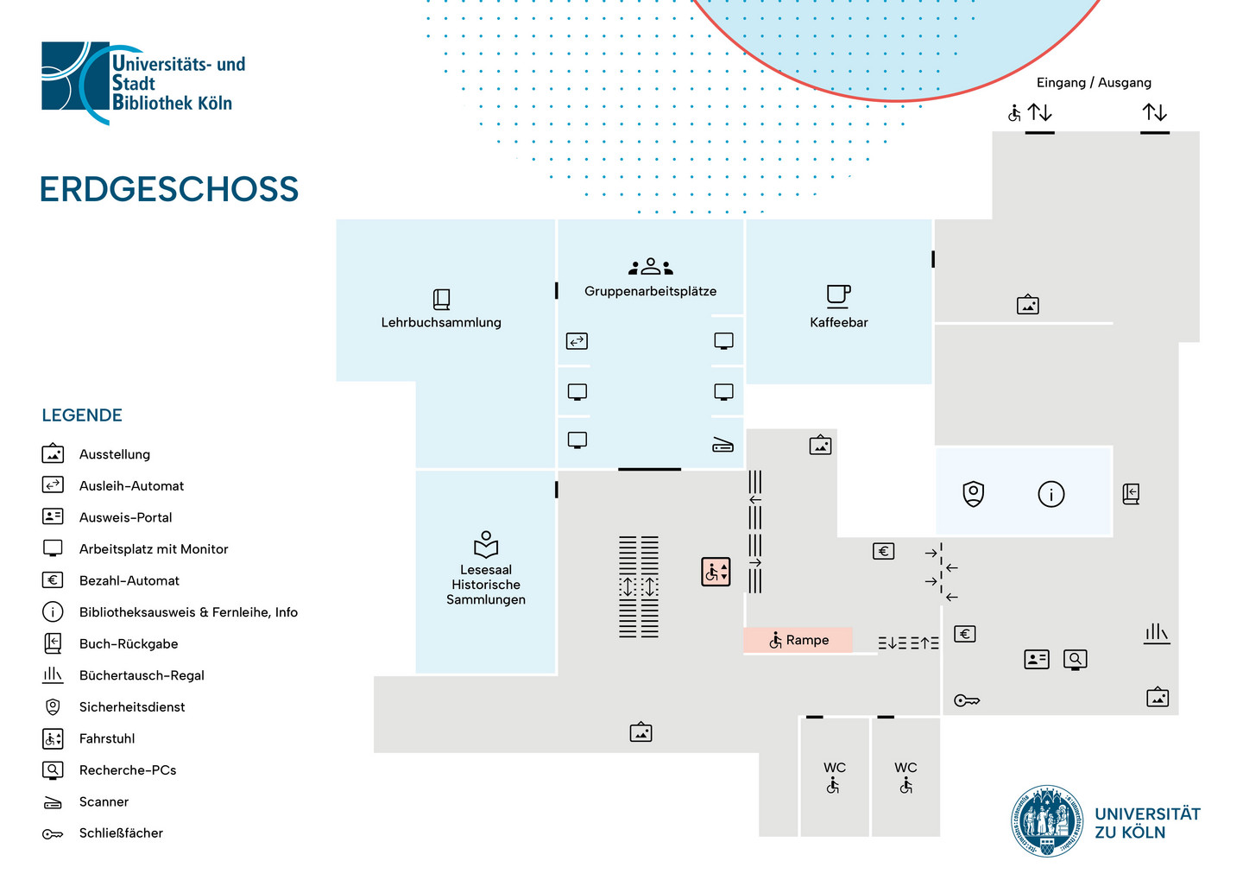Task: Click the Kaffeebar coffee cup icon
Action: pyautogui.click(x=838, y=296)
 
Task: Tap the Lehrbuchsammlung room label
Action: pyautogui.click(x=441, y=323)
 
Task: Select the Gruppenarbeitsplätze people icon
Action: pyautogui.click(x=650, y=267)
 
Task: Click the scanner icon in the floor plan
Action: pyautogui.click(x=723, y=446)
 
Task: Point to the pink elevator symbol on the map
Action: pyautogui.click(x=716, y=572)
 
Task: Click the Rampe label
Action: pyautogui.click(x=807, y=640)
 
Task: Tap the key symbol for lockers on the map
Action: pyautogui.click(x=967, y=700)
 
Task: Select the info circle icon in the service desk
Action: pyautogui.click(x=1051, y=494)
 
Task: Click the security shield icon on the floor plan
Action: pyautogui.click(x=974, y=494)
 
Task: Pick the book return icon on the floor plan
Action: pyautogui.click(x=1131, y=494)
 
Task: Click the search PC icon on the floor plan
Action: pyautogui.click(x=1075, y=660)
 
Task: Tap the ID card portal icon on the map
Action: pyautogui.click(x=1037, y=660)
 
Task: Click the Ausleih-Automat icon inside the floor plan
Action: pyautogui.click(x=577, y=341)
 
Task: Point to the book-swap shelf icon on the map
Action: pyautogui.click(x=1157, y=634)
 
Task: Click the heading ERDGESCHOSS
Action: pyautogui.click(x=169, y=189)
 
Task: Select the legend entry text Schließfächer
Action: pyautogui.click(x=121, y=833)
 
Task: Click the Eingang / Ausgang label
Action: pyautogui.click(x=1094, y=83)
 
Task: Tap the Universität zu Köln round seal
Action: pyautogui.click(x=1046, y=821)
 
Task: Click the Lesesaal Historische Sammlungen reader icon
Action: pyautogui.click(x=486, y=544)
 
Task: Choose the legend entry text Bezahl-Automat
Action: pyautogui.click(x=129, y=580)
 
